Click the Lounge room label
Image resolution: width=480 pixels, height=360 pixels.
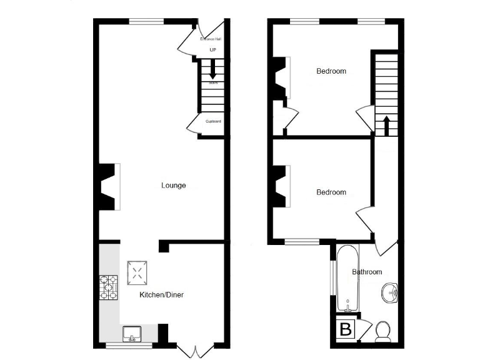(x=173, y=185)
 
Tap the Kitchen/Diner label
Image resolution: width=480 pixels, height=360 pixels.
(x=161, y=294)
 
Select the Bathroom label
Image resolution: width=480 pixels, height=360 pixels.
(x=366, y=272)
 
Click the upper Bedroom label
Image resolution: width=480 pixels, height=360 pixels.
(x=331, y=71)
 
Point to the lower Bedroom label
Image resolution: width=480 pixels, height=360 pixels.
(x=331, y=192)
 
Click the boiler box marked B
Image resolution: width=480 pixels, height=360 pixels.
(x=344, y=329)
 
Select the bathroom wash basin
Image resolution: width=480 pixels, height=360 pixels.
(x=391, y=292)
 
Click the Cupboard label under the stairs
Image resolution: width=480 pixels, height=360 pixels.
(x=213, y=121)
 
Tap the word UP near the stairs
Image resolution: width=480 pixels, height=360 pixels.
(x=212, y=50)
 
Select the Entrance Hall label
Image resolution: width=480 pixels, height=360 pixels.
(x=211, y=39)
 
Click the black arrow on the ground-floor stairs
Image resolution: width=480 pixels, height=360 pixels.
(x=213, y=67)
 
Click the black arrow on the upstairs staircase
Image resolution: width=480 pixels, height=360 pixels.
(x=386, y=124)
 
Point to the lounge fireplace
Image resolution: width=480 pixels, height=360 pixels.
(x=107, y=186)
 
